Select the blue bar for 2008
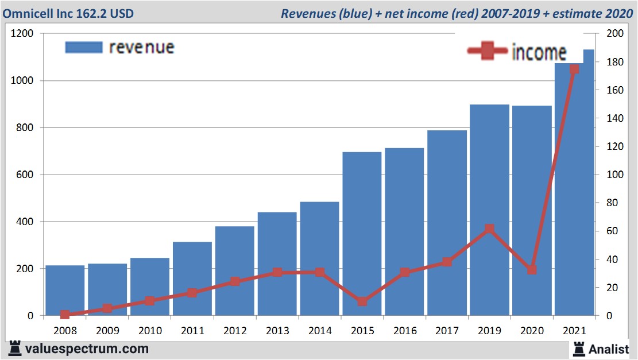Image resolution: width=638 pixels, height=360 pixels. (65, 290)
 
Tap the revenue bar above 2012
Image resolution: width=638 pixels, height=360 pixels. (235, 270)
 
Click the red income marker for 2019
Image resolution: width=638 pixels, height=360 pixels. (489, 229)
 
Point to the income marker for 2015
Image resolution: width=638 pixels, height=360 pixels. (362, 301)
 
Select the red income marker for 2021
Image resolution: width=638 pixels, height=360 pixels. (574, 69)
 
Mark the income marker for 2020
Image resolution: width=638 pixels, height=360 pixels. (532, 270)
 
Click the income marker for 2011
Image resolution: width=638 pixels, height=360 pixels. (192, 293)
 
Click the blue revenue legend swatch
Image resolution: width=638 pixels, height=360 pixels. (84, 47)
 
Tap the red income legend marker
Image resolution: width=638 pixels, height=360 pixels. (488, 51)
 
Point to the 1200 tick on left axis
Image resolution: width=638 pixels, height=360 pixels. (22, 34)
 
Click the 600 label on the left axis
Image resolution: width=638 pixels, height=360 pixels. (25, 175)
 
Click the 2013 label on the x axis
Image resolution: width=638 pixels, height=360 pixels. (277, 331)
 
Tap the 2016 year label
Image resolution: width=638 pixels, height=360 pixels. (404, 331)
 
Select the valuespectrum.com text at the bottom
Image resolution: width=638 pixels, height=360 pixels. (86, 349)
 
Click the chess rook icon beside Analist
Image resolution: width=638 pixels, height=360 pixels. (579, 348)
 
